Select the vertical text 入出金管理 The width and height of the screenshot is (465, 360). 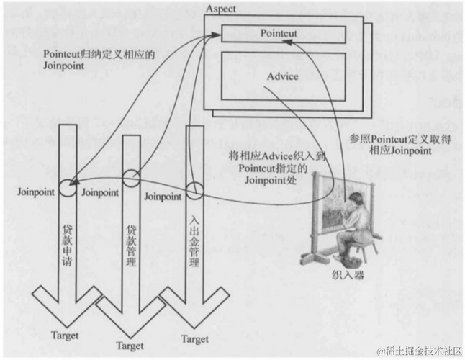tap(193, 238)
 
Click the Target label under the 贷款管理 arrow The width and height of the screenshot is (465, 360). tap(130, 346)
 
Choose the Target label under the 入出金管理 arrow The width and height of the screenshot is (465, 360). tap(194, 338)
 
